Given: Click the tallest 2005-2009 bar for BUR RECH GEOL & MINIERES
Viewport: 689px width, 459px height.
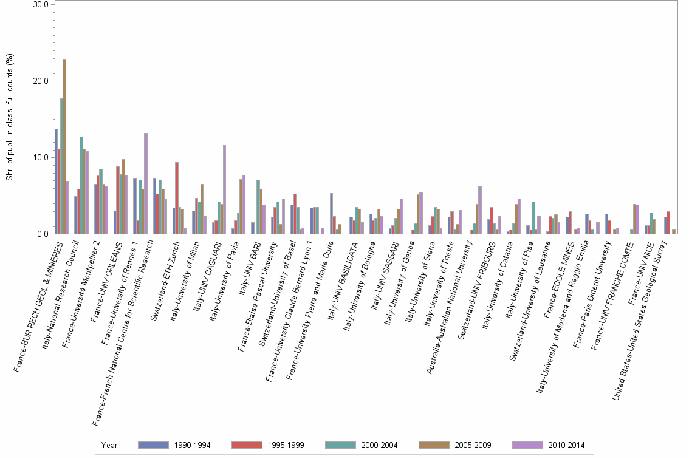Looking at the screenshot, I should click(x=64, y=146).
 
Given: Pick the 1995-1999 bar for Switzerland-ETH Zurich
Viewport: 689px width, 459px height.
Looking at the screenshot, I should click(x=177, y=198).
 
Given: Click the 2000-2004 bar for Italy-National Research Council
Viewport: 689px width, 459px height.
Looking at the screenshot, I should click(x=81, y=185).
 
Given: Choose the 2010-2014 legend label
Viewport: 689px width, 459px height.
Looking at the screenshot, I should click(x=566, y=445).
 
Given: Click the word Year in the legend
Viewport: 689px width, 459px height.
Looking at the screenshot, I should click(x=109, y=445).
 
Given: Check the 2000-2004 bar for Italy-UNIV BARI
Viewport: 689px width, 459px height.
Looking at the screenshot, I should click(x=258, y=207).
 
